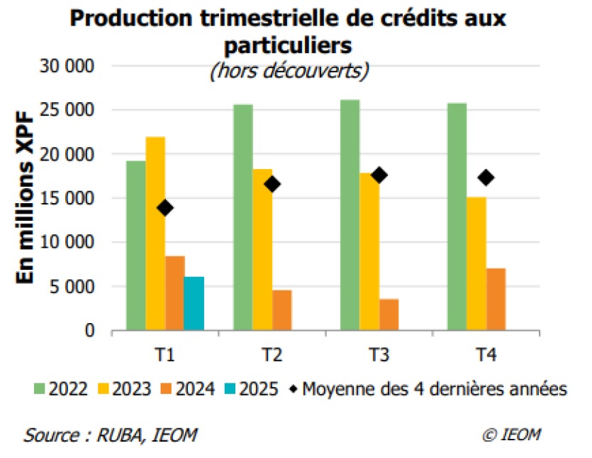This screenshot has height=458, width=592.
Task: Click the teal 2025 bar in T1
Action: (194, 304)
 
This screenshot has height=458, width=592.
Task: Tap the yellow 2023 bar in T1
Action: (155, 234)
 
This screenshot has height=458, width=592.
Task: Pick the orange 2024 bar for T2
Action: (281, 310)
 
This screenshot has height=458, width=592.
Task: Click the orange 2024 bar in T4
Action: (496, 299)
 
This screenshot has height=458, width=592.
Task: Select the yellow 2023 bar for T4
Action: (476, 263)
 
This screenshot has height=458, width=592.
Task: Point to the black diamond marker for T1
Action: (165, 208)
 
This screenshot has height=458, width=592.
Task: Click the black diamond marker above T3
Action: (379, 175)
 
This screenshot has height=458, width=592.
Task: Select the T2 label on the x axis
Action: (272, 355)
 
